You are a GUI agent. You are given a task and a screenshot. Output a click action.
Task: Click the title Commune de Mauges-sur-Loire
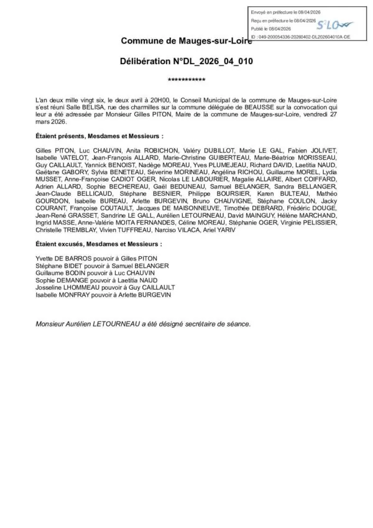(186, 41)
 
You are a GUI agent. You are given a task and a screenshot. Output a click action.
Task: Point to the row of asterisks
(186, 81)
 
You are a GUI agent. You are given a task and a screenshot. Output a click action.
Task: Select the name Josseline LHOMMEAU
(67, 288)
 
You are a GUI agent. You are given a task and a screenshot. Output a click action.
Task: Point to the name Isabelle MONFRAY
(64, 295)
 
